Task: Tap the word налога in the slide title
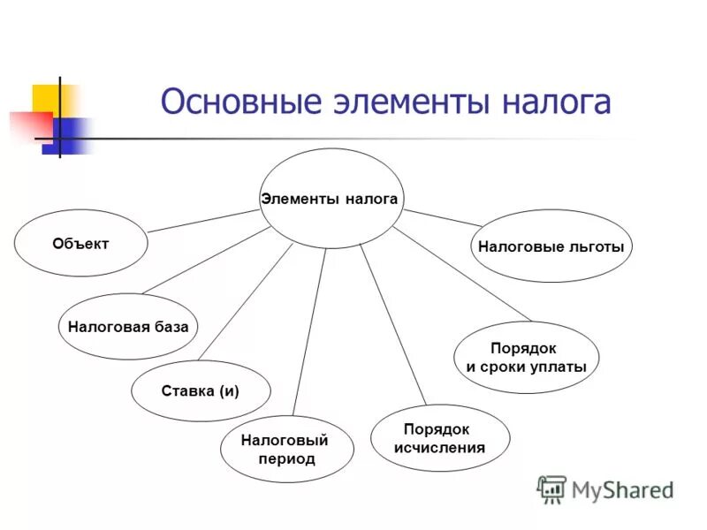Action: [x=557, y=102]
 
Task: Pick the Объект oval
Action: [x=80, y=244]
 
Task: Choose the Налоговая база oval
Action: [x=128, y=326]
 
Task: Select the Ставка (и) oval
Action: [x=201, y=390]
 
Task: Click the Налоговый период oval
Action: [x=285, y=449]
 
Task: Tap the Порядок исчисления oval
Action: [x=439, y=438]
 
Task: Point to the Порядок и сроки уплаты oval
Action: [x=526, y=358]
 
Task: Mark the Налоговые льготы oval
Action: [x=551, y=246]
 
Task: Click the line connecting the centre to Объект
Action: [x=203, y=220]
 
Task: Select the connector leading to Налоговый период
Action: [x=309, y=331]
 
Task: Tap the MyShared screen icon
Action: [x=551, y=488]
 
